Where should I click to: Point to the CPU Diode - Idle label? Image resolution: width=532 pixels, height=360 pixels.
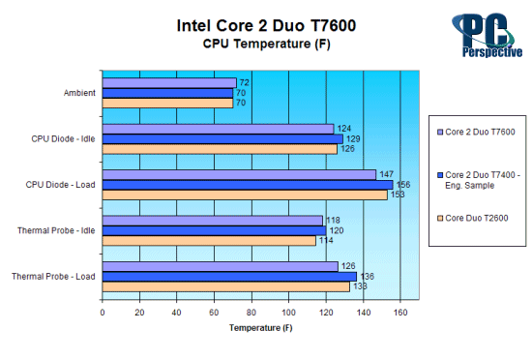pyautogui.click(x=64, y=138)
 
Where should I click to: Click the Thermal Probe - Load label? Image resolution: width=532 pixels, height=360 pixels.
pyautogui.click(x=54, y=277)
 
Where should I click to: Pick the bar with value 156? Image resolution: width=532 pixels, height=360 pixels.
pyautogui.click(x=247, y=185)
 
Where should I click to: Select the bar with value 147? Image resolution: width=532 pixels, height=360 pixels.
pyautogui.click(x=238, y=174)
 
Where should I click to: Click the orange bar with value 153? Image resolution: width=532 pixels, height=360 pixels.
pyautogui.click(x=245, y=195)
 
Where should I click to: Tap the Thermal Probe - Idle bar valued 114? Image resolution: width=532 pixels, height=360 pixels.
pyautogui.click(x=208, y=240)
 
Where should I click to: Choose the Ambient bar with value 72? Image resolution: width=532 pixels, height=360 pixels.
pyautogui.click(x=169, y=83)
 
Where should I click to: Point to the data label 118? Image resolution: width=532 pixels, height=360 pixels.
pyautogui.click(x=334, y=221)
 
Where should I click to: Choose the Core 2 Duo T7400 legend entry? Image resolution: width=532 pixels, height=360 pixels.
pyautogui.click(x=480, y=174)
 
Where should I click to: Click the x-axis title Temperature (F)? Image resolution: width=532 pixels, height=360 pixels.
pyautogui.click(x=259, y=328)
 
